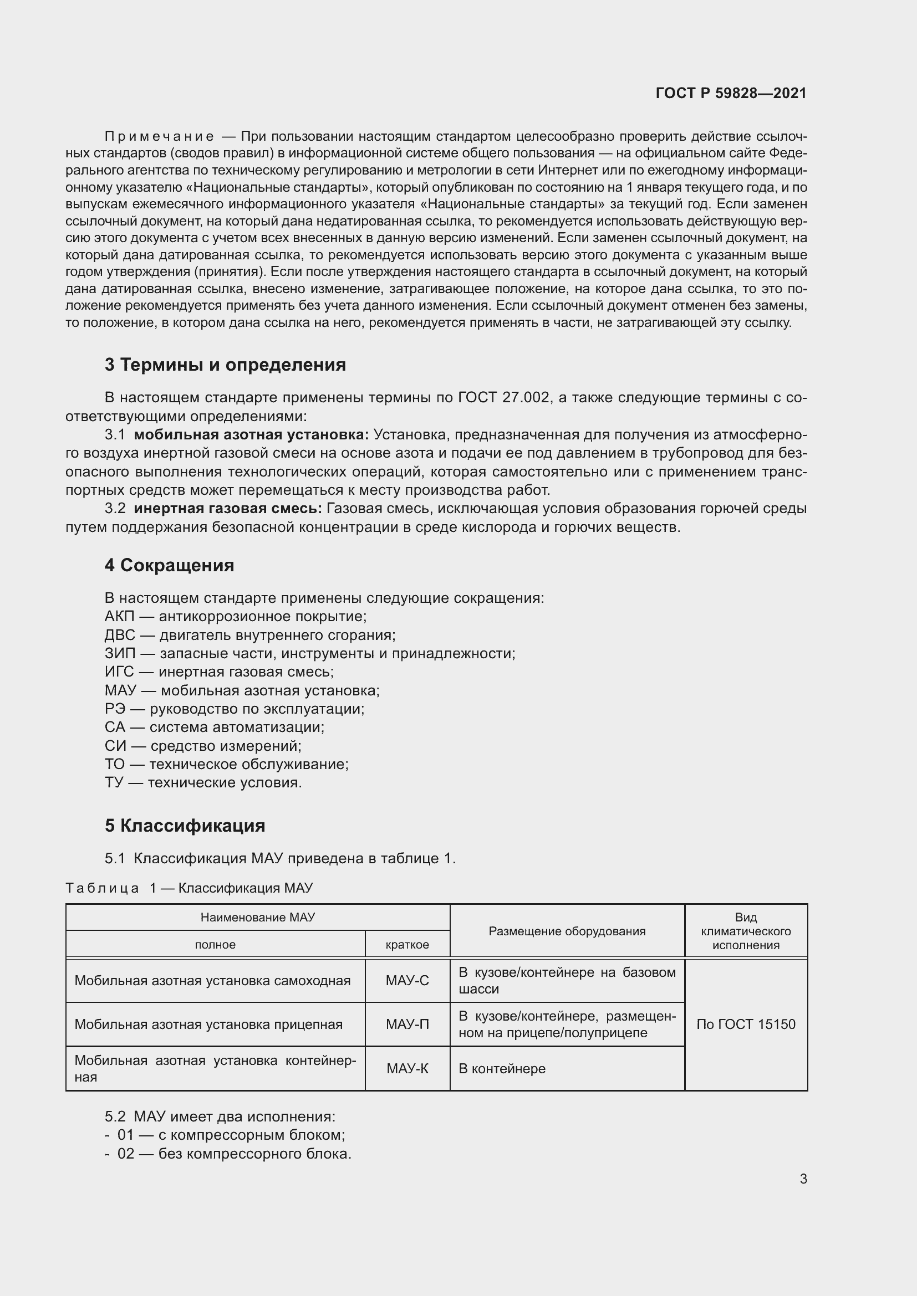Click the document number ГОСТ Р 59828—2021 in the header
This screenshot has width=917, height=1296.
coord(731,93)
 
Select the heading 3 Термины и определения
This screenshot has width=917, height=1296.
coord(225,365)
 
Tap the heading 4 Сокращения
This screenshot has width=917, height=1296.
coord(169,565)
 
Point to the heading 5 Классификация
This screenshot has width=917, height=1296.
coord(185,825)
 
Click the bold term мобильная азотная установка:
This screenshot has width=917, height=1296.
coord(251,434)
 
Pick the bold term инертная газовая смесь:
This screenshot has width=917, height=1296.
coord(227,509)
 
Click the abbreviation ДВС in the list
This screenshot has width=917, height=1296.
coord(120,635)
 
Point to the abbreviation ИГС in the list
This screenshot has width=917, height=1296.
coord(119,672)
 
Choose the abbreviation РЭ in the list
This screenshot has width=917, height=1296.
coord(115,709)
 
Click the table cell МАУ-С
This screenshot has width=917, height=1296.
coord(407,981)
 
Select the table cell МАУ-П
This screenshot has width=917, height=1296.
coord(407,1024)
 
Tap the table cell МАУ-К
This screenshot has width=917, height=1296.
coord(407,1068)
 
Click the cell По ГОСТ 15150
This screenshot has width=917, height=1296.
coord(745,1024)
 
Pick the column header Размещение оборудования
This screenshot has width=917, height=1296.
coord(567,931)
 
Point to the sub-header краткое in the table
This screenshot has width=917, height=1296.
coord(407,945)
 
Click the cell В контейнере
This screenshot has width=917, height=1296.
coord(501,1068)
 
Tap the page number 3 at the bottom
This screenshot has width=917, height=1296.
coord(803,1179)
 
